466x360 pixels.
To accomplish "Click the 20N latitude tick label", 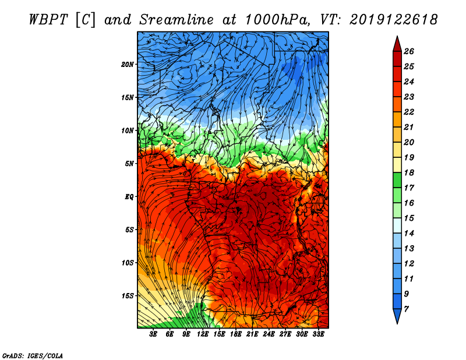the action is pyautogui.click(x=128, y=64).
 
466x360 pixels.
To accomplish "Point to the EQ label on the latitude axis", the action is pyautogui.click(x=129, y=196).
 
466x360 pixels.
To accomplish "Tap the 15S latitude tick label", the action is pyautogui.click(x=128, y=296).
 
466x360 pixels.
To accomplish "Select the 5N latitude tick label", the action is pyautogui.click(x=129, y=164).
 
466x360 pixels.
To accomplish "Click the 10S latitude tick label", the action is pyautogui.click(x=128, y=263).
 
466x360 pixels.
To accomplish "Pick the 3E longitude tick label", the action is pyautogui.click(x=153, y=334).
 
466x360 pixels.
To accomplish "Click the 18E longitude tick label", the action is pyautogui.click(x=235, y=334).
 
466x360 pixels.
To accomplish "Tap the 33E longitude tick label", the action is pyautogui.click(x=318, y=334).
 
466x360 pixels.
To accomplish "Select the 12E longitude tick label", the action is pyautogui.click(x=202, y=334).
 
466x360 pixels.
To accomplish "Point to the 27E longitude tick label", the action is pyautogui.click(x=285, y=334).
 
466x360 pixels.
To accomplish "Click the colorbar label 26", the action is pyautogui.click(x=409, y=51).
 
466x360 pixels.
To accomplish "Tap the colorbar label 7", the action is pyautogui.click(x=406, y=309).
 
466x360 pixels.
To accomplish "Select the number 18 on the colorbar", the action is pyautogui.click(x=409, y=172).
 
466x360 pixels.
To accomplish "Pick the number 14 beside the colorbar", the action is pyautogui.click(x=409, y=234).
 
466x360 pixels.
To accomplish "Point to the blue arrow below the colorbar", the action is pyautogui.click(x=397, y=315).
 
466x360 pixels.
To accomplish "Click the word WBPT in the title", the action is pyautogui.click(x=49, y=20).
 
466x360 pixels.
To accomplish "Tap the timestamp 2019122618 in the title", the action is pyautogui.click(x=394, y=20).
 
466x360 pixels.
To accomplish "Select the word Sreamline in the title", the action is pyautogui.click(x=176, y=20).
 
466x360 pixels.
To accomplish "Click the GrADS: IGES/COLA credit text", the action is pyautogui.click(x=33, y=355).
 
